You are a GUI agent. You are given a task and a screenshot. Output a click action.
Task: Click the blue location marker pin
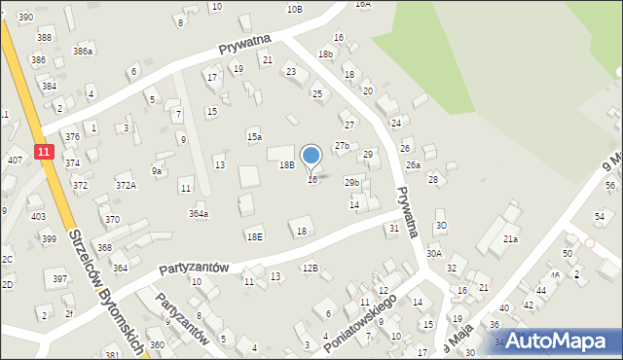311,156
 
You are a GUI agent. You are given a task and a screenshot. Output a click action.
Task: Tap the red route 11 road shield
43,151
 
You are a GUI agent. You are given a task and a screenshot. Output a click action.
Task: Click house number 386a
83,51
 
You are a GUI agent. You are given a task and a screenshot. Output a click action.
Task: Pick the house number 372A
126,185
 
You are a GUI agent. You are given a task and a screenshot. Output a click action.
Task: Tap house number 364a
199,213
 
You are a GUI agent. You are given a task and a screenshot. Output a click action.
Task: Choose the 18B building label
286,165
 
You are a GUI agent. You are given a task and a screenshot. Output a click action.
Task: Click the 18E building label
254,236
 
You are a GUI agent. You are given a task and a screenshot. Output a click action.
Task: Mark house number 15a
254,137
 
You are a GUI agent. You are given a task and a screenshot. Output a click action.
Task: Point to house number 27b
342,146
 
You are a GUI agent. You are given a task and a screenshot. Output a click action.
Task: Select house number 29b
351,182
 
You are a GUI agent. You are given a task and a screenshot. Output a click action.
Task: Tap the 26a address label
413,165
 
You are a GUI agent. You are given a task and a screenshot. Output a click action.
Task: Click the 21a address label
510,238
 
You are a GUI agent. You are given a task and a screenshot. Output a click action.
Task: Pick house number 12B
310,268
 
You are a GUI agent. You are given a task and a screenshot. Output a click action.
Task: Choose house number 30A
434,253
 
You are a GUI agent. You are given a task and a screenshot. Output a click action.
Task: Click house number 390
25,18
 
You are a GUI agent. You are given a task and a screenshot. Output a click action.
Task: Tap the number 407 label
15,159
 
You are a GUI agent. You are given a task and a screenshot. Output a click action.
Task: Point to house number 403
38,216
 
